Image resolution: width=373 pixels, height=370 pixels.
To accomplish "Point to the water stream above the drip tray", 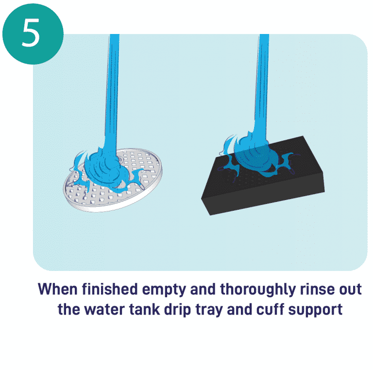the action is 112,90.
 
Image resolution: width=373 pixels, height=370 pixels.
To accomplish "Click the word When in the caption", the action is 58,289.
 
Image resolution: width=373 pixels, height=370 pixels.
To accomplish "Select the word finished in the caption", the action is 110,289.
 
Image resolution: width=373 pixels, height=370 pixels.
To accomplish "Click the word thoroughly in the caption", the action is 258,290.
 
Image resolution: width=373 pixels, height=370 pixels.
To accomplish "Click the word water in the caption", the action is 105,310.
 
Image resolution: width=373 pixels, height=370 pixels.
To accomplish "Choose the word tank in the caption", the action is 144,309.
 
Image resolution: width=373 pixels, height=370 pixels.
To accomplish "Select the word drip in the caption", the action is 177,310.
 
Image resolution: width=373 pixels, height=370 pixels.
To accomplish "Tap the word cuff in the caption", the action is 270,309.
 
